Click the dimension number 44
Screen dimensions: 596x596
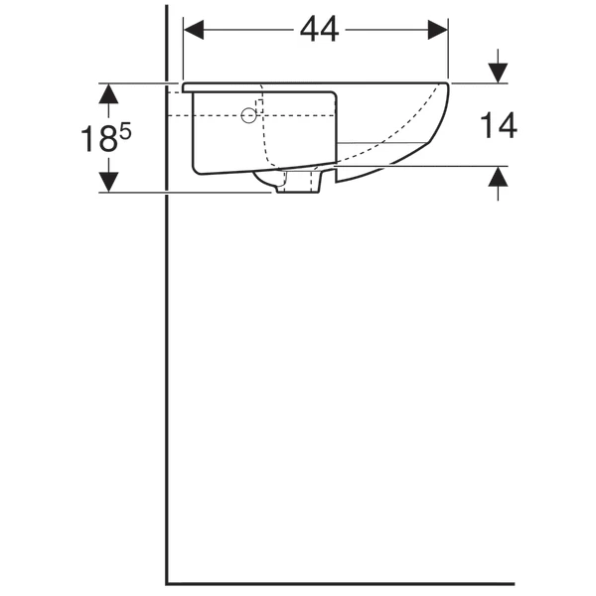click(x=319, y=30)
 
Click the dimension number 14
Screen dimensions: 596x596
click(x=499, y=125)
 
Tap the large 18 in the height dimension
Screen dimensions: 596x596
click(x=98, y=139)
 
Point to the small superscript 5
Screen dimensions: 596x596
click(x=125, y=133)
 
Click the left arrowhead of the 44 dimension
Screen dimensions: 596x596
click(x=194, y=30)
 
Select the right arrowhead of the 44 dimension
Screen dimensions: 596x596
click(x=437, y=30)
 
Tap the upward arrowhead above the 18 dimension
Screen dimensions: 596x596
click(x=108, y=93)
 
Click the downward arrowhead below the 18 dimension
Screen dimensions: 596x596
click(x=108, y=182)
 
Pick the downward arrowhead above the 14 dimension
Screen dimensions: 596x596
click(x=498, y=73)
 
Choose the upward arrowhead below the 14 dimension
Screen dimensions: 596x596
click(x=498, y=177)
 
